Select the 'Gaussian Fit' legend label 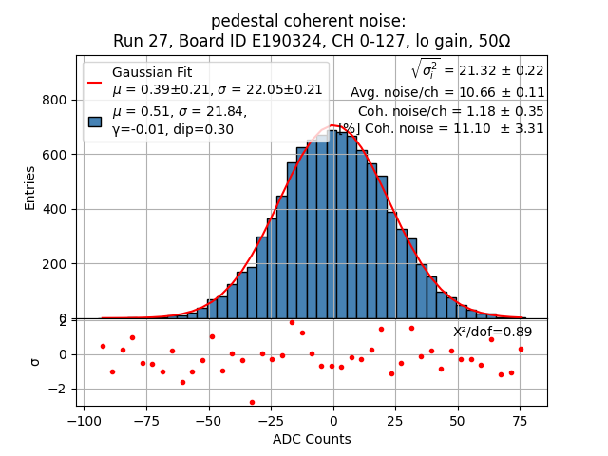pos(152,72)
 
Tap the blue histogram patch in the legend pos(95,121)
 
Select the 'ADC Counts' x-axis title pos(312,439)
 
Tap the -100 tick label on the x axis pos(84,421)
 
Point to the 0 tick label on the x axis pos(333,421)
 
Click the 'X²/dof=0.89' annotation pos(492,332)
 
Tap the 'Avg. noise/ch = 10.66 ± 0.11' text pos(447,92)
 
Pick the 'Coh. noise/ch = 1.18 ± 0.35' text pos(450,110)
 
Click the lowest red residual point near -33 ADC pos(252,402)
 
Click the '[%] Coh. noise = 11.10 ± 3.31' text pos(441,128)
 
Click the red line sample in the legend pos(95,82)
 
